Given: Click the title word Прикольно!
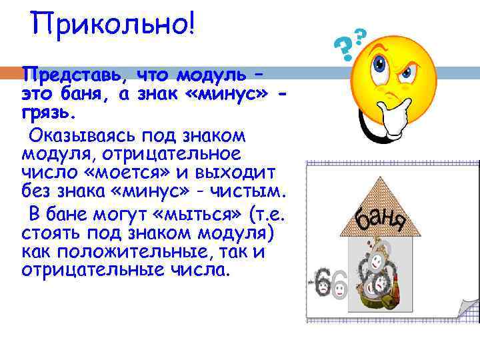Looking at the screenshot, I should (x=113, y=26).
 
